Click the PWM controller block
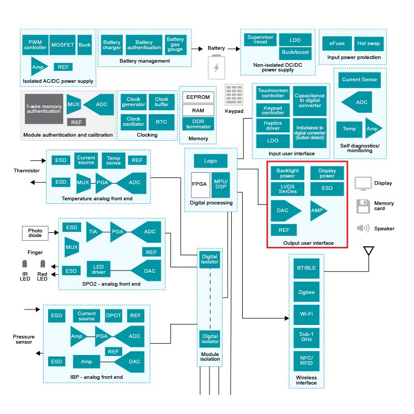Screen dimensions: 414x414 coord(35,46)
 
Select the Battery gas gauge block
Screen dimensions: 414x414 coord(175,45)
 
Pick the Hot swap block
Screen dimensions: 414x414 coord(368,43)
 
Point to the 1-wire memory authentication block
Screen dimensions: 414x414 coord(44,109)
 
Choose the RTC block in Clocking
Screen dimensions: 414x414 coord(161,122)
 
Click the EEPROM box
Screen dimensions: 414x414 coord(198,97)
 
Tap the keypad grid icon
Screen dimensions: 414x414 coord(234,95)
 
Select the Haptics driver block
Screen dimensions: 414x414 coord(273,125)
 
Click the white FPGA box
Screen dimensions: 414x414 coord(200,184)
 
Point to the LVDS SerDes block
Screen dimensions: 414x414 coord(287,189)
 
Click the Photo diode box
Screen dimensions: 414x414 coord(35,233)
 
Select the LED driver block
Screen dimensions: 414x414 coord(99,268)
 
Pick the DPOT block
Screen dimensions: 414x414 coord(113,316)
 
